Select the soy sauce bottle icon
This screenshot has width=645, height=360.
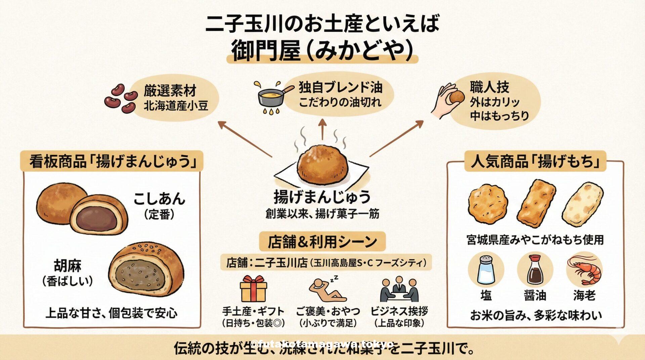point(535,270)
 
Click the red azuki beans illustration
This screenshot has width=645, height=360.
point(120,97)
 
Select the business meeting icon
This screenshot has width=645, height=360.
point(399,289)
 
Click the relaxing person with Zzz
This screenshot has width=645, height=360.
point(327,289)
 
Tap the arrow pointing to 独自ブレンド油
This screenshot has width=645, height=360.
point(322,129)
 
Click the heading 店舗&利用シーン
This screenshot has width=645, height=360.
point(322,241)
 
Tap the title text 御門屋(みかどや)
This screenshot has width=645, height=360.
point(322,50)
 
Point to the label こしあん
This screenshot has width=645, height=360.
point(159,199)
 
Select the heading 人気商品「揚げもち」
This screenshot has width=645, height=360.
point(535,162)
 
